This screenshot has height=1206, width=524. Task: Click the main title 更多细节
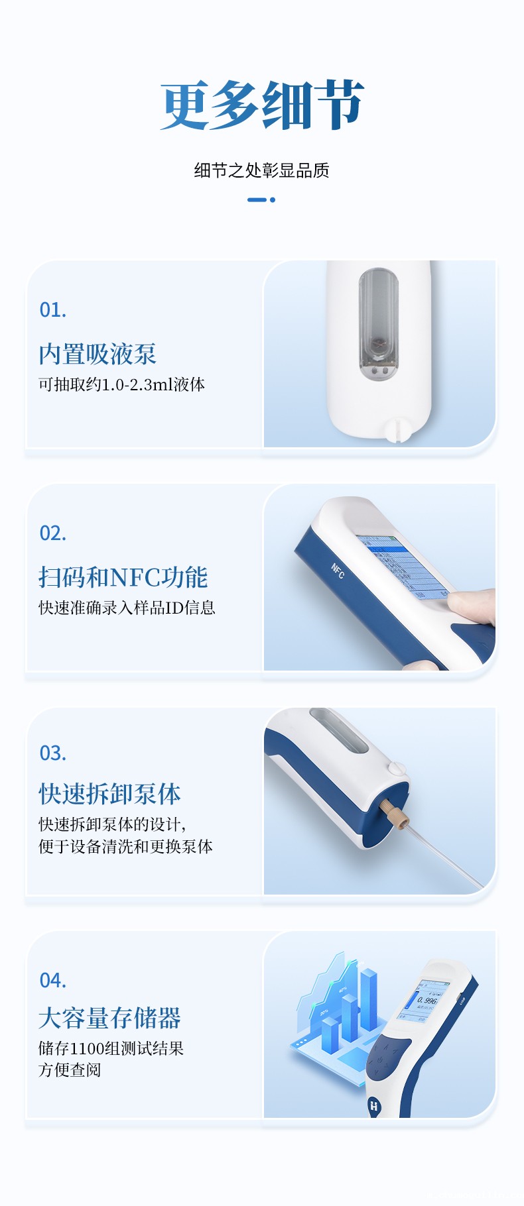click(262, 106)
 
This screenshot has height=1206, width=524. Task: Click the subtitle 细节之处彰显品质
click(261, 170)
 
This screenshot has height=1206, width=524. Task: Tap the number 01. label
click(53, 310)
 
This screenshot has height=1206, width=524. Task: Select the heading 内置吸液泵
click(98, 354)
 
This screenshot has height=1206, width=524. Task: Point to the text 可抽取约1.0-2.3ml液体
click(121, 385)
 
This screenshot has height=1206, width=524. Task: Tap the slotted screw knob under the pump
click(397, 429)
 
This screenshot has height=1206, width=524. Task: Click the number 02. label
click(53, 533)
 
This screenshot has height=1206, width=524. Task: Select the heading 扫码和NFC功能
click(123, 577)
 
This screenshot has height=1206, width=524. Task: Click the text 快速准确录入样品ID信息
click(127, 608)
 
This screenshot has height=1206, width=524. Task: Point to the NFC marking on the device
click(338, 571)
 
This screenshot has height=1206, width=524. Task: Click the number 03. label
click(53, 753)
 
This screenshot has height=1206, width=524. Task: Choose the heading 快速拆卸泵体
click(109, 793)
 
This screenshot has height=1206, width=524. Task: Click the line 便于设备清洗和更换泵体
click(125, 847)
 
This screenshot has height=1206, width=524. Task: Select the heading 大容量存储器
click(109, 1018)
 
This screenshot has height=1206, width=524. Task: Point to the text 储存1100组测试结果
click(111, 1048)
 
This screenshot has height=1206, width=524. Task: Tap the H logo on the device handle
click(373, 1105)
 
